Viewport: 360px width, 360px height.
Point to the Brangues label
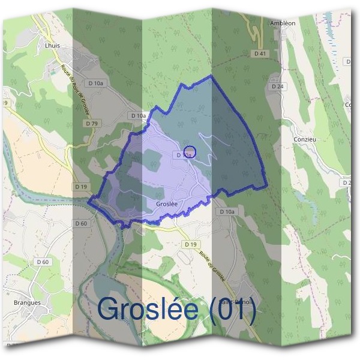click(x=27, y=302)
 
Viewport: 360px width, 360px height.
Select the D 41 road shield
click(x=260, y=54)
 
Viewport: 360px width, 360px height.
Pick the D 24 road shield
click(x=277, y=86)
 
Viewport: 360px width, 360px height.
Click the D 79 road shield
click(x=92, y=123)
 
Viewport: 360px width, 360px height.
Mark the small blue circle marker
click(x=189, y=152)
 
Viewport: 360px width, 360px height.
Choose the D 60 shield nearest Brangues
click(x=43, y=262)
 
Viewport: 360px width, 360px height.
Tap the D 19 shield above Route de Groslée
click(x=190, y=244)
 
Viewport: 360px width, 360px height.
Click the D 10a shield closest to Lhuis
click(x=95, y=83)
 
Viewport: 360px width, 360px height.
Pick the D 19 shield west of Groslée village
click(x=82, y=187)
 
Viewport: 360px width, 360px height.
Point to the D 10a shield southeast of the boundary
click(x=227, y=212)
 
